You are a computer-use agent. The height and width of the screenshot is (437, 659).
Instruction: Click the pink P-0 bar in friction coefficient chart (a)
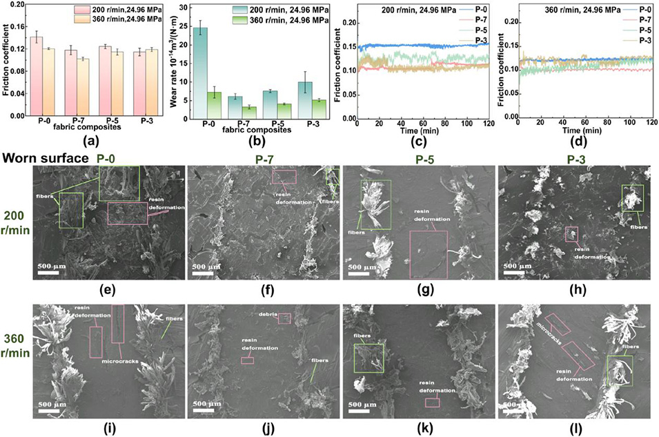(x=37, y=76)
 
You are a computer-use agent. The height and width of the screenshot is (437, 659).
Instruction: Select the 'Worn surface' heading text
(x=45, y=158)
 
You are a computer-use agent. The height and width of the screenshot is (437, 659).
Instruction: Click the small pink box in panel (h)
(x=571, y=234)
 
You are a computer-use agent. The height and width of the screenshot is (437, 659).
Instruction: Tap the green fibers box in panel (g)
(x=375, y=205)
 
